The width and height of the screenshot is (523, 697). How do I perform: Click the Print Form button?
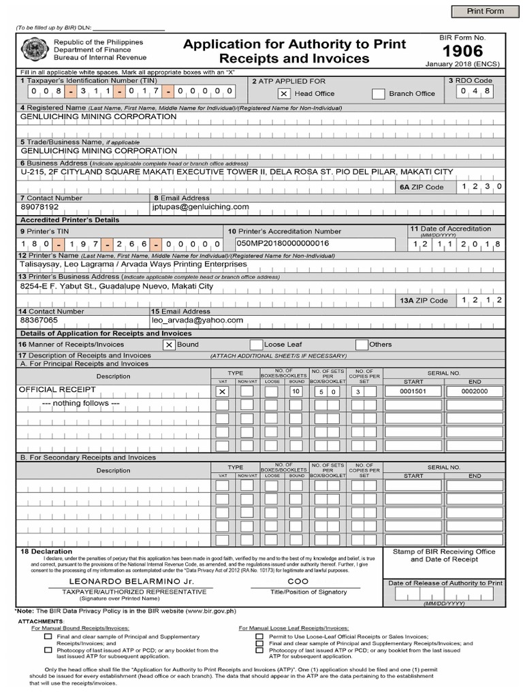[x=484, y=12]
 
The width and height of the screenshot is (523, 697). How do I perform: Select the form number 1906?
[x=462, y=51]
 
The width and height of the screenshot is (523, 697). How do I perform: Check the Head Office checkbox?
[x=283, y=94]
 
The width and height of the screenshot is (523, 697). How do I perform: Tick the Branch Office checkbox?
[x=378, y=94]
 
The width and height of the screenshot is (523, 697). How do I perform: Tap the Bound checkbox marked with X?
[x=168, y=344]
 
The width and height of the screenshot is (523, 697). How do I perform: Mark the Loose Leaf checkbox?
[x=256, y=344]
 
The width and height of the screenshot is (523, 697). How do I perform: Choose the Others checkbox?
[x=362, y=344]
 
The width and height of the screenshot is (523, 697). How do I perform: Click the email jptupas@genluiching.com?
[x=201, y=206]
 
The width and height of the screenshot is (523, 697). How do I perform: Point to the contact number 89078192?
[x=40, y=206]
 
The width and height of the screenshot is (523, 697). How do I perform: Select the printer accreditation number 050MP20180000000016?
[x=283, y=243]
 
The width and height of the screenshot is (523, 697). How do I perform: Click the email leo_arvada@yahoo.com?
[x=197, y=319]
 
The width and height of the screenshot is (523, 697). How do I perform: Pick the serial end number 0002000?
[x=475, y=391]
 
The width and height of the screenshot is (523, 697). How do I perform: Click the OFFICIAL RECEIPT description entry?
[x=57, y=390]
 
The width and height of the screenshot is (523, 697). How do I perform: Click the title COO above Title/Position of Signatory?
[x=298, y=583]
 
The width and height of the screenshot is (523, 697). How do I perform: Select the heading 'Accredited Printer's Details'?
[x=69, y=220]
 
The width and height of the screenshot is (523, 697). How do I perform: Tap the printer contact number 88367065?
[x=39, y=319]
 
